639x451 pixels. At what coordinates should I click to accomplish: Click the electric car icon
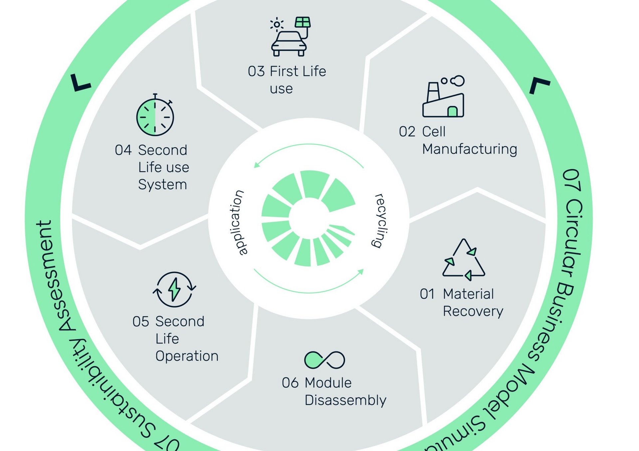pyautogui.click(x=289, y=43)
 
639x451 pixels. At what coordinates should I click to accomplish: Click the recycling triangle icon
pyautogui.click(x=464, y=259)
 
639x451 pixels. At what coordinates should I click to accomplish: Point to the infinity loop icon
pyautogui.click(x=324, y=360)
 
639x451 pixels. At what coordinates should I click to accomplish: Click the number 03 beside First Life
pyautogui.click(x=256, y=72)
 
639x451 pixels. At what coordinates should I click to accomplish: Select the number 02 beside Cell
pyautogui.click(x=407, y=132)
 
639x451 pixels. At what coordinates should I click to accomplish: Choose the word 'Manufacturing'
pyautogui.click(x=470, y=149)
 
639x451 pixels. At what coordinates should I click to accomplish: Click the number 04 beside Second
pyautogui.click(x=123, y=150)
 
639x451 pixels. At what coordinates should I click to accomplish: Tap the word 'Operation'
pyautogui.click(x=187, y=356)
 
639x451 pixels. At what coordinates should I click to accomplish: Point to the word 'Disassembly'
pyautogui.click(x=345, y=400)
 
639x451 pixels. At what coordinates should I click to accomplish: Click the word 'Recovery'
pyautogui.click(x=473, y=311)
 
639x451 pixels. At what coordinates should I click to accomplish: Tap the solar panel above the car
pyautogui.click(x=303, y=22)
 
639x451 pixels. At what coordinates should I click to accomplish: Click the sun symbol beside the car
pyautogui.click(x=277, y=24)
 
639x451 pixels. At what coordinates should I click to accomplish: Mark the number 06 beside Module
pyautogui.click(x=290, y=383)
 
